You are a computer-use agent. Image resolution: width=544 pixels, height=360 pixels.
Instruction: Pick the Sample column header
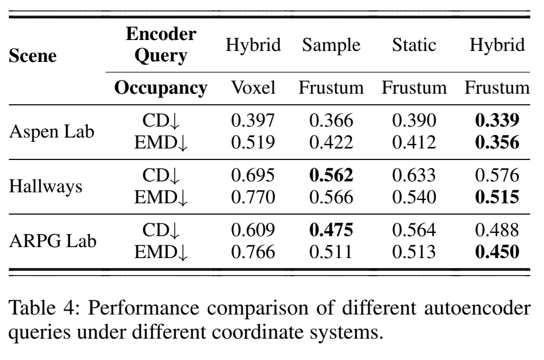pos(331,45)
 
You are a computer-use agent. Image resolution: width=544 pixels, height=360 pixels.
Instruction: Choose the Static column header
pos(414,45)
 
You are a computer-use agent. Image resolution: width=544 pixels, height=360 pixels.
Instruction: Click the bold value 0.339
pos(497,120)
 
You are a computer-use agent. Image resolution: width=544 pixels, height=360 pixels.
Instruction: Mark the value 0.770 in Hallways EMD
pos(253,198)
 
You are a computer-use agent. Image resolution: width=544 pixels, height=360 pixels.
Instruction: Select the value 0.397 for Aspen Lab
pos(253,120)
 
